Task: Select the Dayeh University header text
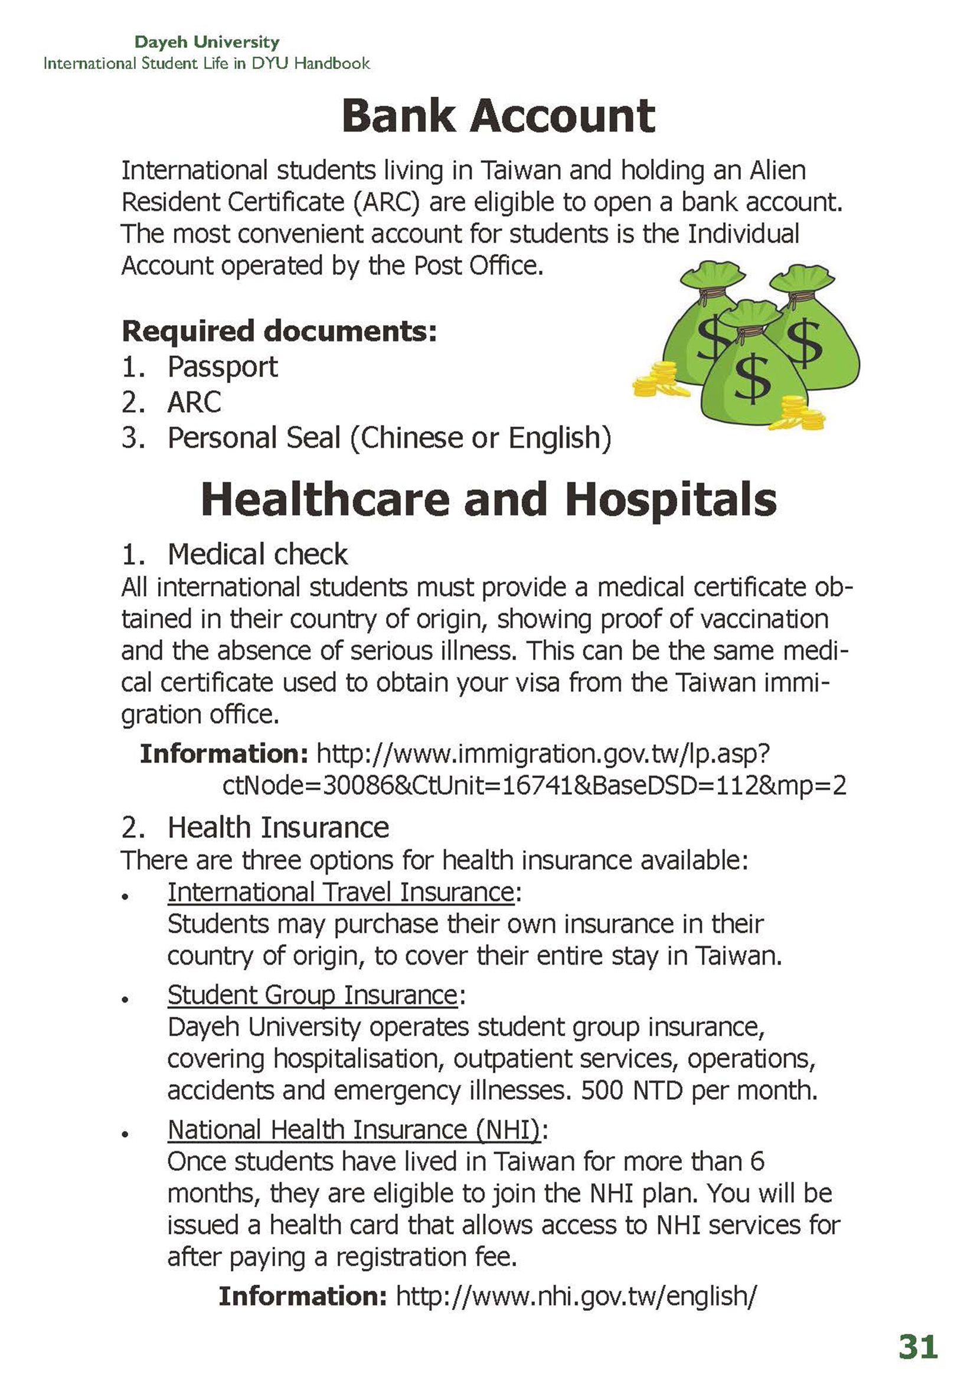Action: [x=207, y=42]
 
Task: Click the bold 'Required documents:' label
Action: [x=279, y=331]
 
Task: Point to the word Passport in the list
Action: [x=223, y=367]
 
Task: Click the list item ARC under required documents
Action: [x=194, y=402]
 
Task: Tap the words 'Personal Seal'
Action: [x=254, y=438]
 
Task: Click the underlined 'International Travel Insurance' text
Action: [x=341, y=892]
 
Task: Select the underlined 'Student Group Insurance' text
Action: [x=312, y=995]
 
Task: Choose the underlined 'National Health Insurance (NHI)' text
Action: [x=353, y=1130]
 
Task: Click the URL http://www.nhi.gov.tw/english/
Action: [x=576, y=1295]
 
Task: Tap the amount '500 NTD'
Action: [x=632, y=1090]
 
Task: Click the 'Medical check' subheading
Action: [x=257, y=554]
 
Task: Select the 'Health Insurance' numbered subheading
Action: [x=278, y=827]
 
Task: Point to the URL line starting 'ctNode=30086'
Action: [x=534, y=785]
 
